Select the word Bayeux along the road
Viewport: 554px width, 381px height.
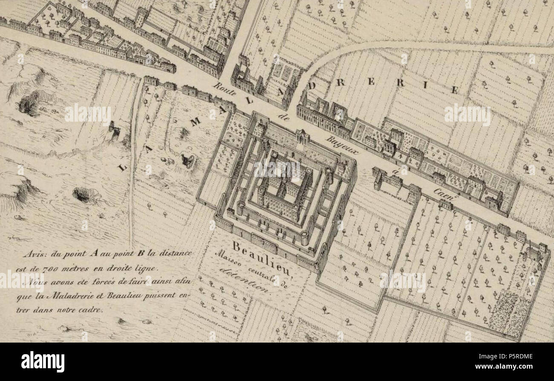[343, 145]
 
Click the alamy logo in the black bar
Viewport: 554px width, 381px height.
[43, 361]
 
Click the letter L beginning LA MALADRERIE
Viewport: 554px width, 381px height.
[122, 167]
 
